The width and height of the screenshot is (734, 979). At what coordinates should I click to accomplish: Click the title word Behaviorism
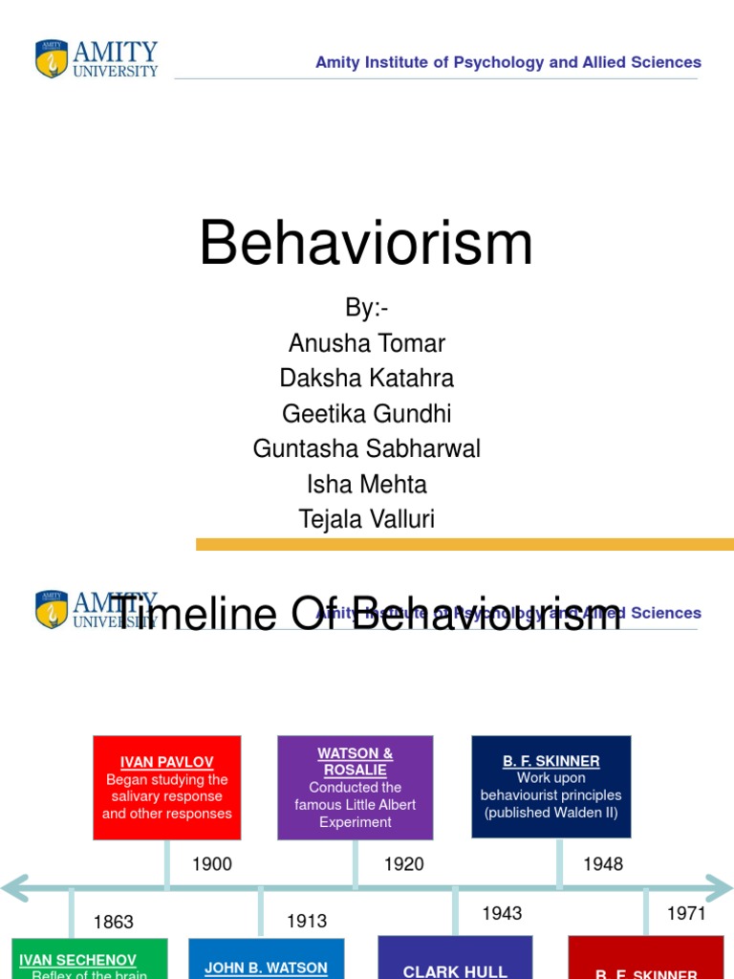tap(366, 243)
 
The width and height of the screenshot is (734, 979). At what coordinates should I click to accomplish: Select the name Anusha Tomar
tap(366, 342)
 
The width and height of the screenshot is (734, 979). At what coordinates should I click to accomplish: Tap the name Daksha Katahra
tap(366, 378)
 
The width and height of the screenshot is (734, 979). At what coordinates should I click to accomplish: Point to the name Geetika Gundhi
tap(366, 413)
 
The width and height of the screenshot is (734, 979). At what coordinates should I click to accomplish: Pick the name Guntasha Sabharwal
tap(366, 448)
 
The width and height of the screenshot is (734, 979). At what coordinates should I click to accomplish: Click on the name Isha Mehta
tap(366, 484)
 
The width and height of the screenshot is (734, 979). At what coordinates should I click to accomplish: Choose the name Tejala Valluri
tap(366, 519)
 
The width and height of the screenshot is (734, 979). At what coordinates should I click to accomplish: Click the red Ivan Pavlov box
tap(167, 788)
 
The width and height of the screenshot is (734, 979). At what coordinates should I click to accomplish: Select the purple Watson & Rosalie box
tap(356, 788)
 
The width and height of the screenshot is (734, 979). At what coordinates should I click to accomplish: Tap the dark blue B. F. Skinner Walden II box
tap(551, 786)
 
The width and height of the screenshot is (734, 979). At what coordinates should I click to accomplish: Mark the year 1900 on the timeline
tap(212, 864)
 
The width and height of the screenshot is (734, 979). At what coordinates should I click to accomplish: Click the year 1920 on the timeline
tap(403, 864)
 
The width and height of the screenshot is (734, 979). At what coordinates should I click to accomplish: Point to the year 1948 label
tap(603, 864)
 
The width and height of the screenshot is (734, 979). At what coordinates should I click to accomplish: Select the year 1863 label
tap(114, 923)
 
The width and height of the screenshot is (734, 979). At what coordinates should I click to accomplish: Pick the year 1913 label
tap(307, 922)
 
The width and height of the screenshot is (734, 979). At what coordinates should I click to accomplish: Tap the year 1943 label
tap(502, 914)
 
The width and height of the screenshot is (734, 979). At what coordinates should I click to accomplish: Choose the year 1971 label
tap(686, 914)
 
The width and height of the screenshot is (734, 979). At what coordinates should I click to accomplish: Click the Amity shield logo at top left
tap(52, 58)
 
